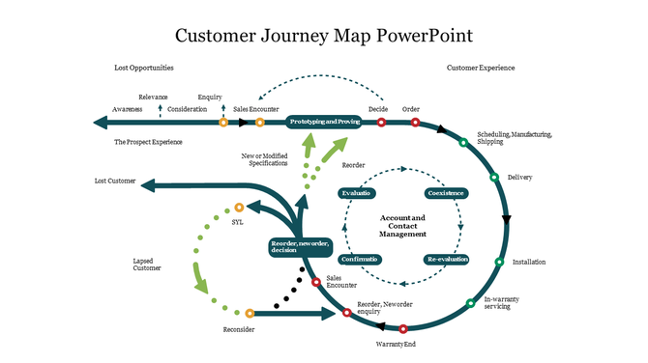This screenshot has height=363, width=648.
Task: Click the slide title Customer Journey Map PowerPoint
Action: coord(324,36)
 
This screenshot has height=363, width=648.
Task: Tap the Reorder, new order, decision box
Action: coord(302,247)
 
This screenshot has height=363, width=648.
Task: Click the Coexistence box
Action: coord(446,193)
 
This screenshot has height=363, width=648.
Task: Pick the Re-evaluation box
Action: coord(446,260)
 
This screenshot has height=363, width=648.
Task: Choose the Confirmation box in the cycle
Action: coord(359,260)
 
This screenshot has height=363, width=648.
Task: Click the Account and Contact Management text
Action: coord(402,226)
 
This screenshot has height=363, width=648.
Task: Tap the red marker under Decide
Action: coord(382,123)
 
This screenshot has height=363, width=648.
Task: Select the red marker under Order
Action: coord(416,123)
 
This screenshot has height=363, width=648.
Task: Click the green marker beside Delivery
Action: coord(494,178)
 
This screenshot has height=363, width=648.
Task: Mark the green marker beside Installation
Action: coord(500,262)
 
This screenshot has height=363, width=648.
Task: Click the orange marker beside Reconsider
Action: coord(250,313)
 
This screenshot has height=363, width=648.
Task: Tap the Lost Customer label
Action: coord(114,181)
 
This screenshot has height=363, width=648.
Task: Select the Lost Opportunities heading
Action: coord(143,69)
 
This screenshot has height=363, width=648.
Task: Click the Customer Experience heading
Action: coord(481,69)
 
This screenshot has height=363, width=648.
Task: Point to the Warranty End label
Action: coord(396,344)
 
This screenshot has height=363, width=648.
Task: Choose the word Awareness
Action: coord(128,109)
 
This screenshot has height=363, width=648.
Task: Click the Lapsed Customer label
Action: coord(147,265)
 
